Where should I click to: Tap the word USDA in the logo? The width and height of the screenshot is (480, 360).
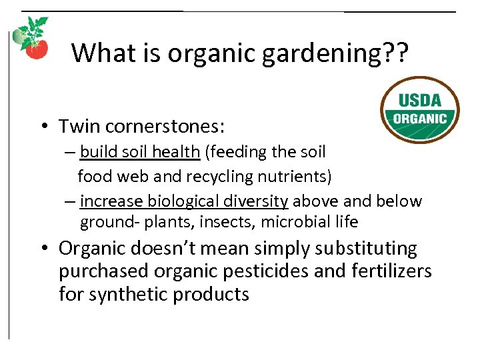[x=420, y=101]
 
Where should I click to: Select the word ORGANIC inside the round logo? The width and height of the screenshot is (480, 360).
[x=420, y=119]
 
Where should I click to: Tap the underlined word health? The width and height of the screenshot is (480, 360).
[x=176, y=152]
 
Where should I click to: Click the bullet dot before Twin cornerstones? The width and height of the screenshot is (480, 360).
[x=42, y=127]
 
